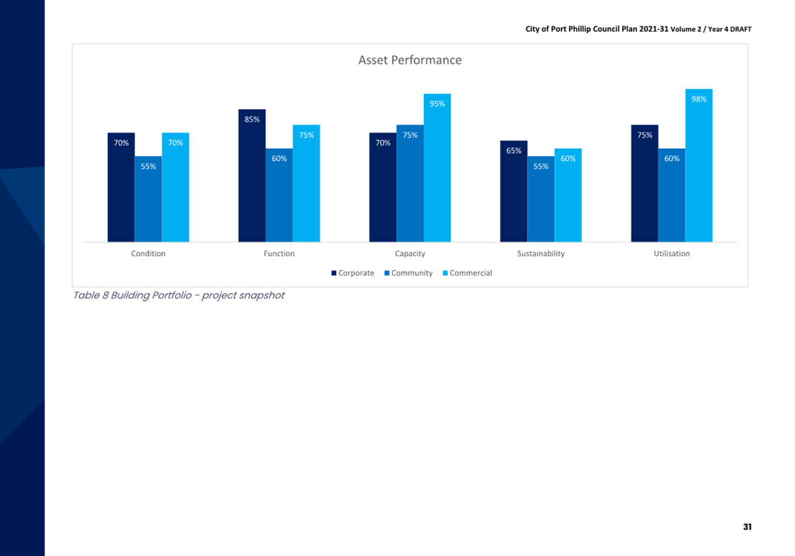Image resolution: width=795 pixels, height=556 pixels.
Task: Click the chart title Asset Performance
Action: click(x=410, y=60)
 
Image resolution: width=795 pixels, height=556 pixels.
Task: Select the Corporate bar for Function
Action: click(x=252, y=175)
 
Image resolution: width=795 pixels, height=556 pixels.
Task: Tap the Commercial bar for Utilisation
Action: click(x=699, y=165)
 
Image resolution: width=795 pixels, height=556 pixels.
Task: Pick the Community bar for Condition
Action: click(x=148, y=199)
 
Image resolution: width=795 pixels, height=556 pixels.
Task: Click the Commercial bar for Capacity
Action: click(x=437, y=168)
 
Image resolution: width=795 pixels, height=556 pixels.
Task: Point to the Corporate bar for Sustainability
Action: click(x=513, y=191)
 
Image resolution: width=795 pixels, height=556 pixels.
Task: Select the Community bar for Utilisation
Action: click(x=672, y=195)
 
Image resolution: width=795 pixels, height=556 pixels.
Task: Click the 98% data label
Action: click(x=699, y=99)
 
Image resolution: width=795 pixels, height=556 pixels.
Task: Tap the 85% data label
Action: click(x=252, y=119)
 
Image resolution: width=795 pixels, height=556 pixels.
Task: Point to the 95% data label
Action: click(x=437, y=104)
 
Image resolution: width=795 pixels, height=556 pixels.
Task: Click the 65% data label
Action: click(x=513, y=151)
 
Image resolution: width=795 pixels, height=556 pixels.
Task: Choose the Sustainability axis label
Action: click(x=541, y=253)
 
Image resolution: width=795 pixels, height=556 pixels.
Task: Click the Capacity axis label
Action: click(x=410, y=253)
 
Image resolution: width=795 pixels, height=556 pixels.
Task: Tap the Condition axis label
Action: click(x=148, y=253)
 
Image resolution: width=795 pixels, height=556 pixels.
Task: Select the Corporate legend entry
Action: click(x=353, y=273)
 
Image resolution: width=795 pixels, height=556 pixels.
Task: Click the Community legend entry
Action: click(x=408, y=273)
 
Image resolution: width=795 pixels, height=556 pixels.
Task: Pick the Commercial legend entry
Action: click(x=467, y=273)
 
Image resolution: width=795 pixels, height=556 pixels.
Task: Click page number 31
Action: click(x=747, y=527)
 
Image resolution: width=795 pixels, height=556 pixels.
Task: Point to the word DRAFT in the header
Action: click(x=741, y=29)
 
